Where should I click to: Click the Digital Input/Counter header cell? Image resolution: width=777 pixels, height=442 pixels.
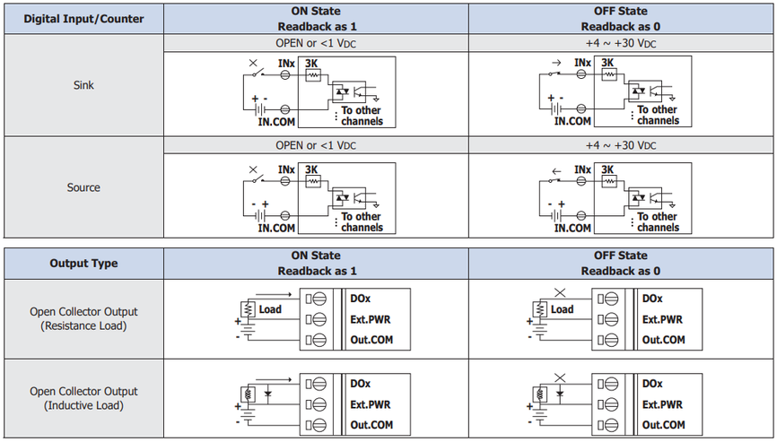[x=83, y=19]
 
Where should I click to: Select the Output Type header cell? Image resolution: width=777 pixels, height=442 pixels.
[x=83, y=264]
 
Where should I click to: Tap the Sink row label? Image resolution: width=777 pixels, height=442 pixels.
[x=83, y=85]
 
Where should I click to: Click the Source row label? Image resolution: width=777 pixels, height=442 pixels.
[x=83, y=187]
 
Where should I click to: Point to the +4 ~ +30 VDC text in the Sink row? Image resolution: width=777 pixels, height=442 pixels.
[x=621, y=43]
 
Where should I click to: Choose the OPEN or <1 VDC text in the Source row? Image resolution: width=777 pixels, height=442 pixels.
[x=316, y=145]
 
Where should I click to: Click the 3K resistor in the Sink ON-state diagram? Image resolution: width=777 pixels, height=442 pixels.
[x=312, y=75]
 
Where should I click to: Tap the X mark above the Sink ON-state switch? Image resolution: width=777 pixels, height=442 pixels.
[x=253, y=63]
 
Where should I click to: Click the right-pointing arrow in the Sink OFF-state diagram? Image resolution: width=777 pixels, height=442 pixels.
[x=556, y=63]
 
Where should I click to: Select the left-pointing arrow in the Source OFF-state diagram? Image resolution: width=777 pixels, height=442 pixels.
[x=556, y=171]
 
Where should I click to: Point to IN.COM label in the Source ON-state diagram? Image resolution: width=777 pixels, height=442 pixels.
[x=276, y=229]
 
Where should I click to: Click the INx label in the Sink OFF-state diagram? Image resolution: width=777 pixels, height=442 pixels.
[x=583, y=63]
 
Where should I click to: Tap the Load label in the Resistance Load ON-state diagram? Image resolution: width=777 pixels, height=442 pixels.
[x=270, y=309]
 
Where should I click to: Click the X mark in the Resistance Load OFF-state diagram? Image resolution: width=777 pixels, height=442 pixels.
[x=560, y=292]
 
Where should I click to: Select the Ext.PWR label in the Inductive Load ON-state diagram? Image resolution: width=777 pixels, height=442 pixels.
[x=371, y=404]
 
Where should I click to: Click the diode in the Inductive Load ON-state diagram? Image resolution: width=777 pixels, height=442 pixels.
[x=268, y=394]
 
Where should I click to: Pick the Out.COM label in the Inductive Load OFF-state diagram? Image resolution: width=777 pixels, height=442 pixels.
[x=664, y=425]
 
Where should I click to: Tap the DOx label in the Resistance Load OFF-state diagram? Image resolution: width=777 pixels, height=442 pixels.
[x=652, y=299]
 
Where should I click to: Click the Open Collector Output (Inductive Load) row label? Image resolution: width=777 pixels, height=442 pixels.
[x=83, y=398]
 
